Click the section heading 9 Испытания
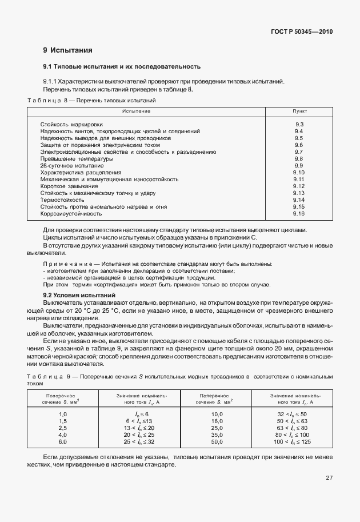pyautogui.click(x=67, y=50)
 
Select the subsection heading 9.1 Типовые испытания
pyautogui.click(x=121, y=66)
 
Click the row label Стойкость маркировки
pyautogui.click(x=71, y=124)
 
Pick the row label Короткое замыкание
pyautogui.click(x=69, y=186)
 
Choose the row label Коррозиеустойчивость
pyautogui.click(x=71, y=214)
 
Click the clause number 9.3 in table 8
pyautogui.click(x=299, y=124)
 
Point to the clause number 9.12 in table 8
pyautogui.click(x=299, y=186)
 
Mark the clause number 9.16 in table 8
pyautogui.click(x=299, y=214)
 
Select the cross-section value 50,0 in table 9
pyautogui.click(x=216, y=442)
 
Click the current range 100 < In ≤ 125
pyautogui.click(x=291, y=442)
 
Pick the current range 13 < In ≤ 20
pyautogui.click(x=139, y=428)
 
